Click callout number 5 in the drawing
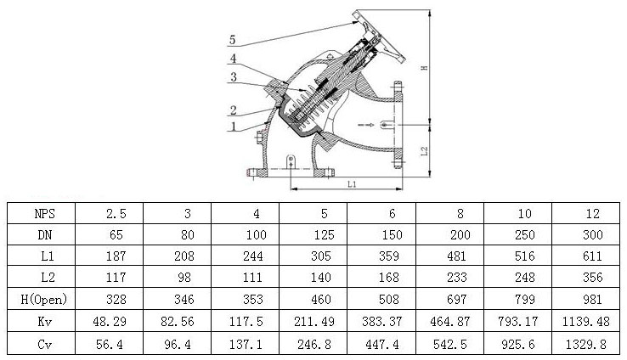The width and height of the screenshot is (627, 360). (x=232, y=40)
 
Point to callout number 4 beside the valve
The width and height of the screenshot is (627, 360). (x=233, y=59)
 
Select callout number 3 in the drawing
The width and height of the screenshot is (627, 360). (x=234, y=76)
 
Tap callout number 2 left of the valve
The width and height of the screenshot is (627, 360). (x=233, y=110)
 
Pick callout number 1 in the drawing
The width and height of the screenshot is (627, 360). (x=234, y=127)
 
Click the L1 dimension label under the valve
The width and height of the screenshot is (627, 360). (x=352, y=183)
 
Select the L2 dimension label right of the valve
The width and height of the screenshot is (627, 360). (x=424, y=151)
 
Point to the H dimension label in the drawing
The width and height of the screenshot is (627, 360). (x=424, y=68)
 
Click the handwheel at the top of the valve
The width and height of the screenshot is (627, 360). (x=378, y=35)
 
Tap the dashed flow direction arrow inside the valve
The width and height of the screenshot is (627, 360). (x=365, y=125)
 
